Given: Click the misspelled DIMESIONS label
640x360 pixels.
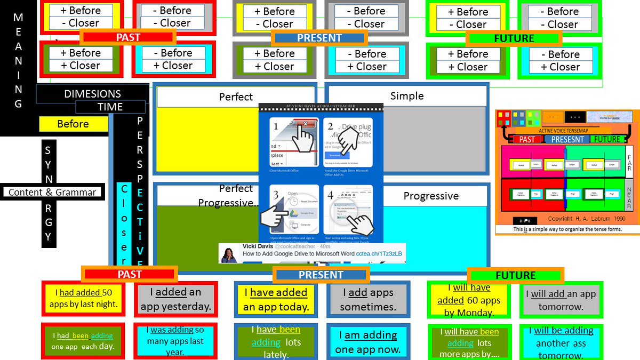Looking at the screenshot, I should coord(92,94).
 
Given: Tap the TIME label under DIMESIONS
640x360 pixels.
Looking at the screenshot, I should coord(110,107).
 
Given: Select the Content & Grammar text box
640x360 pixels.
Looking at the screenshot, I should coord(52,192).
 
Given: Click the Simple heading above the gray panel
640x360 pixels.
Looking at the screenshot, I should coord(406,96).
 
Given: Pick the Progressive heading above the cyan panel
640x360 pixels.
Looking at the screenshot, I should coord(430,196).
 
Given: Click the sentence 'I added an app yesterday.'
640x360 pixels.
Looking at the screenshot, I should coord(175,299).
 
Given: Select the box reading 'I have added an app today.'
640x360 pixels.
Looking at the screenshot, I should coord(276,299).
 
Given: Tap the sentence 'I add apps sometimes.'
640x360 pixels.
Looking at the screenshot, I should coord(367,299).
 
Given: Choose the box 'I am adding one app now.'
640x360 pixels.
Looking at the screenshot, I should coord(367,342).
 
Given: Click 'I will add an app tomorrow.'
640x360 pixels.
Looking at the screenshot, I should coord(561,300).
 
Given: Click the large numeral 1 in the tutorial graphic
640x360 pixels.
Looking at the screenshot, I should coord(276,127).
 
